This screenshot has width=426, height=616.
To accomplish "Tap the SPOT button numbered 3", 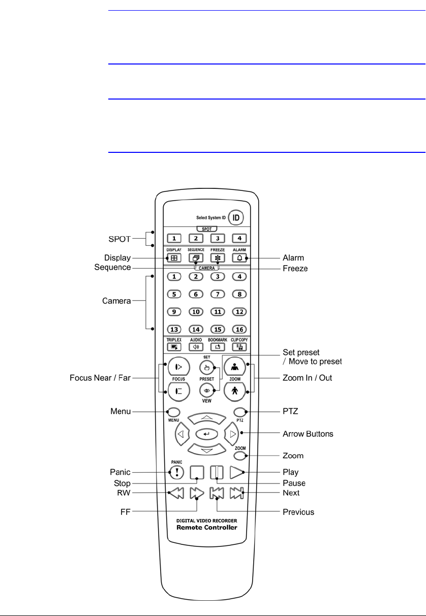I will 218,238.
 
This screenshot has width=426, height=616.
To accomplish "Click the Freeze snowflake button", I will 218,258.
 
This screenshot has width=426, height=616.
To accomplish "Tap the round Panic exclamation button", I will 176,472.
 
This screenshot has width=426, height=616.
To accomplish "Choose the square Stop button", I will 196,472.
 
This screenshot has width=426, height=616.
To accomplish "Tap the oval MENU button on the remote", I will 173,412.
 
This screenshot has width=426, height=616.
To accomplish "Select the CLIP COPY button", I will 239,347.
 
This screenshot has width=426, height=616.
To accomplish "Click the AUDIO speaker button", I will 196,347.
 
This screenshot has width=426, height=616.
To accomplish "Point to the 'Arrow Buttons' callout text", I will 308,434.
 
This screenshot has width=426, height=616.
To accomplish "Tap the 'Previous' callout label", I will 298,512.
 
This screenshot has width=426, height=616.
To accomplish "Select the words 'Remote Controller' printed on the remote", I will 207,527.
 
